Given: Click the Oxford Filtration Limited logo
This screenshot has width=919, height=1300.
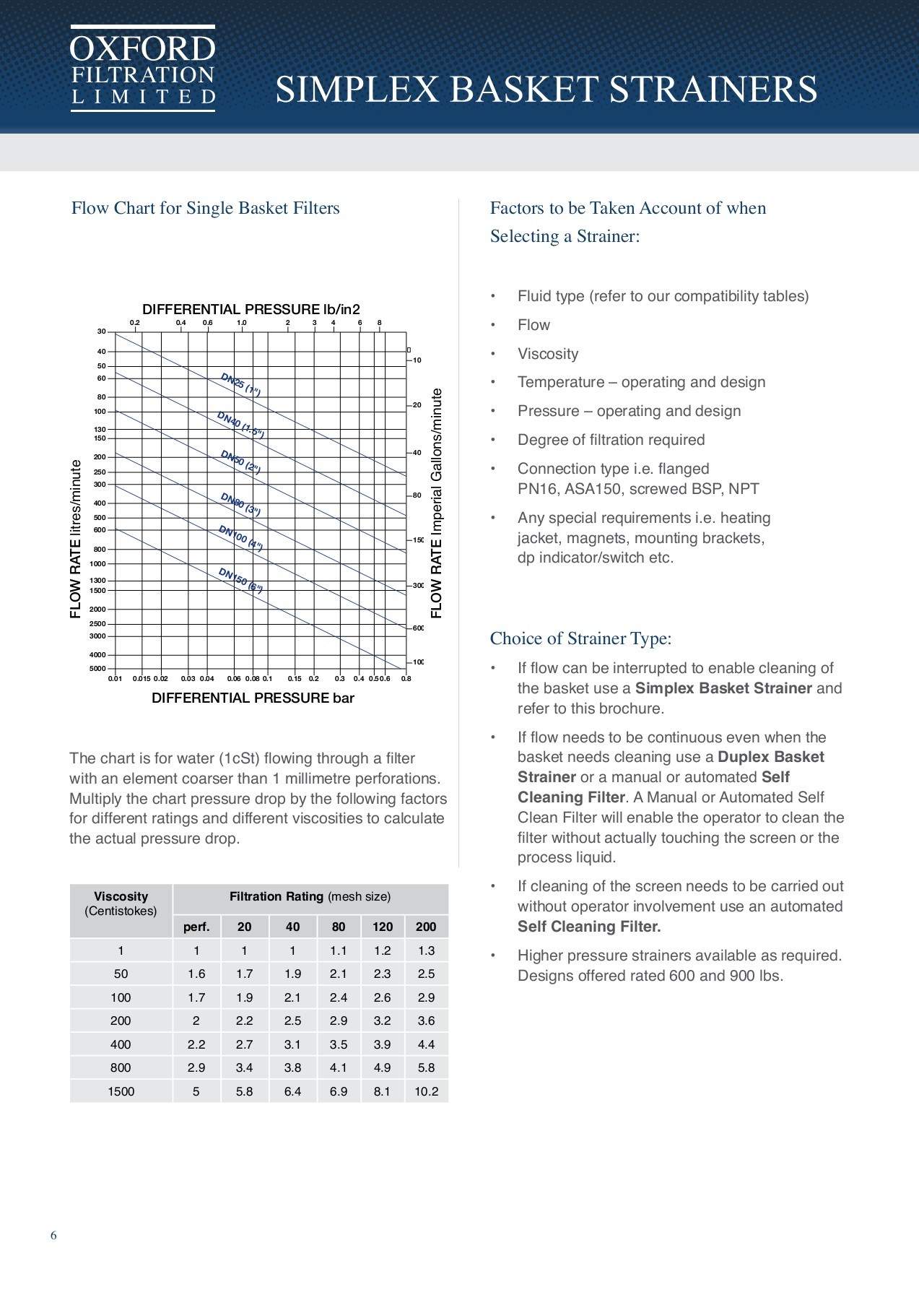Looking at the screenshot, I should (x=143, y=69).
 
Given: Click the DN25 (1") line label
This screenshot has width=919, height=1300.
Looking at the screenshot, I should (x=240, y=384).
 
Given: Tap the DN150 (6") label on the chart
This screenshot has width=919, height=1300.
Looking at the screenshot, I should (x=240, y=580).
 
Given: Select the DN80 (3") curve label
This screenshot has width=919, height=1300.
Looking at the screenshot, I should (x=240, y=504).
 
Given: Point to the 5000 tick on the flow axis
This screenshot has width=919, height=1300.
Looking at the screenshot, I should (x=97, y=669).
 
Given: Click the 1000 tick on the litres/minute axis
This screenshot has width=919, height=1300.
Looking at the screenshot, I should (x=97, y=564).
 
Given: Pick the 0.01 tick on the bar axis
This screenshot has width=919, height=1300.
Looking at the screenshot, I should (x=116, y=679).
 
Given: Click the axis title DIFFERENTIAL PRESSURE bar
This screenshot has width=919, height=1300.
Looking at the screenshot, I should (x=253, y=698).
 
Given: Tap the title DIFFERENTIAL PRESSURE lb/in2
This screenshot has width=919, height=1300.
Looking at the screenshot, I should (x=251, y=309).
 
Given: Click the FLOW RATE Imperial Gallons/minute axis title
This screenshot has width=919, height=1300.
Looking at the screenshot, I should (x=436, y=503).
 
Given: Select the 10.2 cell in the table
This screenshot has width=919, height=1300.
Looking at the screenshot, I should (x=426, y=1091).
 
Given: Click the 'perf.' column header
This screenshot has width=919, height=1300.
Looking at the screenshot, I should (x=196, y=927).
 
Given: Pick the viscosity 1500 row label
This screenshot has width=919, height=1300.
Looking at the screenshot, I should (x=121, y=1091).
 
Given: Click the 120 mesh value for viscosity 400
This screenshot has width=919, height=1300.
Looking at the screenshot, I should (x=382, y=1044).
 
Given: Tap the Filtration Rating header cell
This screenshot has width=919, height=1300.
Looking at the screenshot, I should (x=310, y=897).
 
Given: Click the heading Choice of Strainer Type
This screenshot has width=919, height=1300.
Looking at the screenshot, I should (x=580, y=638).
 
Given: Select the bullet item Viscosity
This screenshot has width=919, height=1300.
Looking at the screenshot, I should (x=548, y=354).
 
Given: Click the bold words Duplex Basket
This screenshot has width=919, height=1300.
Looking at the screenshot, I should (x=770, y=757).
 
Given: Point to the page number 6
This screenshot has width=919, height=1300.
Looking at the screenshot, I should (x=53, y=1235).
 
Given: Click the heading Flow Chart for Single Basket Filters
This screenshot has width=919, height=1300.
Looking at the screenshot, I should (x=205, y=209).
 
